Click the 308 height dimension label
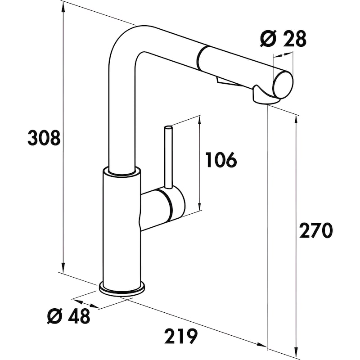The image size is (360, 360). [x=44, y=138]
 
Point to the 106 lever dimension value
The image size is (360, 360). [x=220, y=160]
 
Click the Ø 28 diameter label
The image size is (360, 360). [x=283, y=40]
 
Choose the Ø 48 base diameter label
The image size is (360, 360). [x=68, y=316]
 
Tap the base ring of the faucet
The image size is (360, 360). [x=122, y=288]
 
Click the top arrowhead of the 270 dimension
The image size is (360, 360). [x=296, y=119]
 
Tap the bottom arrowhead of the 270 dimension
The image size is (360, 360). [x=296, y=350]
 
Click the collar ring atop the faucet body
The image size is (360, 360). [x=121, y=171]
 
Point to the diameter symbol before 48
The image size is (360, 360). [x=54, y=317]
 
